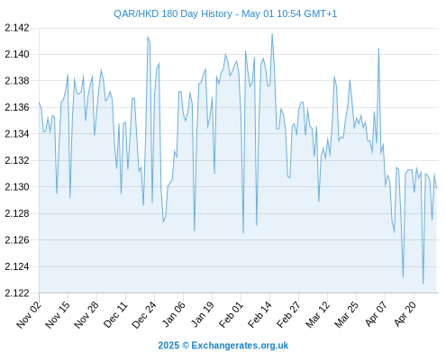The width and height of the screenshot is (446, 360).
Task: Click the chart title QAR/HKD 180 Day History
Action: pyautogui.click(x=173, y=13)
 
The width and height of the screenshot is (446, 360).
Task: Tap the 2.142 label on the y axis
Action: pyautogui.click(x=17, y=28)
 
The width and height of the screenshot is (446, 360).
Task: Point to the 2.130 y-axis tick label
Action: pyautogui.click(x=17, y=187)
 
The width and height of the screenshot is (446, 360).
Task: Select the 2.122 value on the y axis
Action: pyautogui.click(x=17, y=292)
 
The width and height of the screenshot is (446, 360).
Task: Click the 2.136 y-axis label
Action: pyautogui.click(x=17, y=107)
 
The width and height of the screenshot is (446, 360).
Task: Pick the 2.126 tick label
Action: pyautogui.click(x=17, y=240)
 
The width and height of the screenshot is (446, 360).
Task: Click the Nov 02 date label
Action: pyautogui.click(x=29, y=315)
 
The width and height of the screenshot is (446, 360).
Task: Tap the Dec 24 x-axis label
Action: pyautogui.click(x=144, y=315)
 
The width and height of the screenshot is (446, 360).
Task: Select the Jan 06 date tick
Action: pyautogui.click(x=174, y=315)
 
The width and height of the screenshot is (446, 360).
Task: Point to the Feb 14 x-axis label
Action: pyautogui.click(x=259, y=315)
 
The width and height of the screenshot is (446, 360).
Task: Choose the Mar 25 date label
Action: pyautogui.click(x=347, y=315)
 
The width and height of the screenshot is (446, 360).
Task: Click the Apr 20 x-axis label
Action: pyautogui.click(x=405, y=314)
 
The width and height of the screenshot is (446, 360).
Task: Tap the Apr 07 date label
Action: pyautogui.click(x=377, y=314)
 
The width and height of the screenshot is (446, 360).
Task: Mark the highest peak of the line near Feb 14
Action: pyautogui.click(x=272, y=33)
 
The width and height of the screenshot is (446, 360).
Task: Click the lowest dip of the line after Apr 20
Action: pyautogui.click(x=423, y=283)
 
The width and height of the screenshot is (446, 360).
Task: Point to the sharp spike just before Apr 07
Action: pyautogui.click(x=378, y=48)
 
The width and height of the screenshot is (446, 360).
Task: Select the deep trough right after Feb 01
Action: pyautogui.click(x=243, y=233)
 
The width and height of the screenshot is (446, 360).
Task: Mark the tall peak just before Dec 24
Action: pyautogui.click(x=148, y=36)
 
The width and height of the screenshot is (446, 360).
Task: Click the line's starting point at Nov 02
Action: pyautogui.click(x=39, y=102)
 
